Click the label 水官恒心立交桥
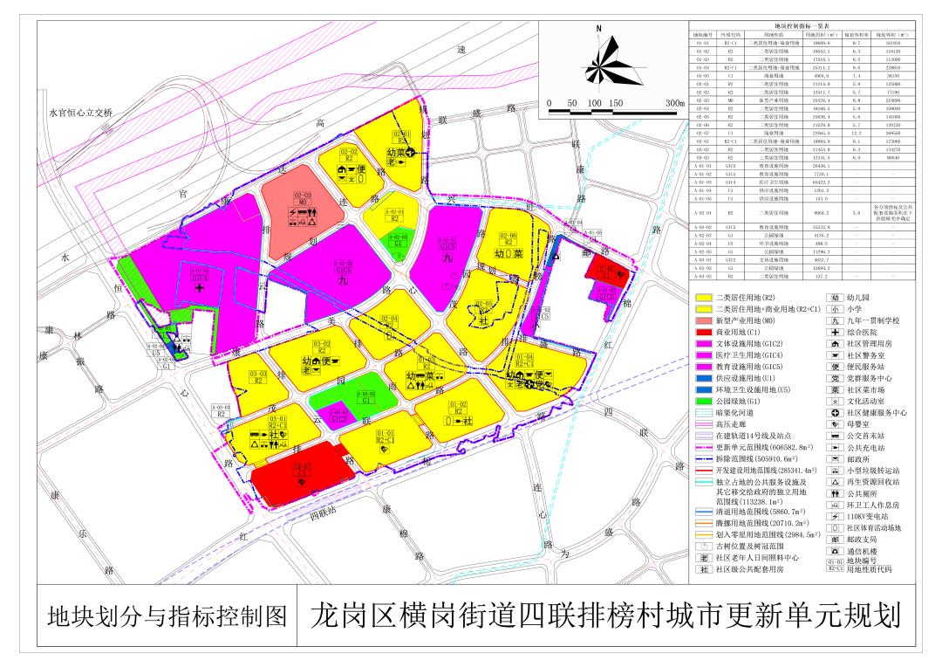click(88, 113)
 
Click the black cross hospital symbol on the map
click(200, 287)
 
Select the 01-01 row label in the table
click(703, 42)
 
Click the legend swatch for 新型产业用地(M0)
click(701, 320)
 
